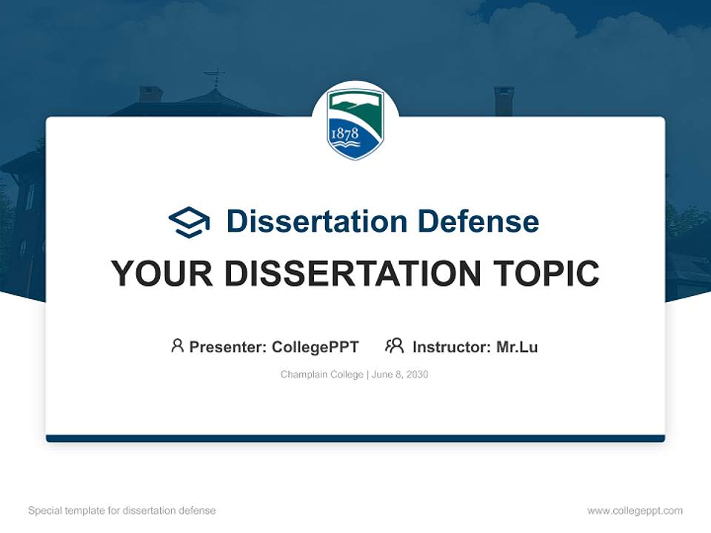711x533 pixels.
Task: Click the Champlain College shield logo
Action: pyautogui.click(x=355, y=124)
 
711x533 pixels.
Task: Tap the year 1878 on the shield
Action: pyautogui.click(x=345, y=133)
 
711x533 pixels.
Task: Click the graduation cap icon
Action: pyautogui.click(x=189, y=222)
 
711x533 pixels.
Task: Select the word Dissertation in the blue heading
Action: pyautogui.click(x=317, y=221)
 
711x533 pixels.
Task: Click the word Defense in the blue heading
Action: pyautogui.click(x=478, y=221)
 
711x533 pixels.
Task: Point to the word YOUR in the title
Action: pyautogui.click(x=162, y=273)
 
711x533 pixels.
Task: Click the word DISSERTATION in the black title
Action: pyautogui.click(x=353, y=273)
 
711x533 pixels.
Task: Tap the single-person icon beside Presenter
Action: pyautogui.click(x=177, y=346)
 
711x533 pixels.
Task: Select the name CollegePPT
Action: pyautogui.click(x=316, y=347)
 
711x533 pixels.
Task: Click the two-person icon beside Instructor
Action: pyautogui.click(x=395, y=346)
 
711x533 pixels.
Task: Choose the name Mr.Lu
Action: pyautogui.click(x=517, y=347)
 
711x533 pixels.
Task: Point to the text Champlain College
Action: pyautogui.click(x=322, y=375)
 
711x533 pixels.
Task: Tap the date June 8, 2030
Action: pyautogui.click(x=400, y=375)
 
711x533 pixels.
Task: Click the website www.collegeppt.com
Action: pyautogui.click(x=635, y=511)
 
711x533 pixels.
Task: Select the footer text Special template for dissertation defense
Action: pyautogui.click(x=122, y=511)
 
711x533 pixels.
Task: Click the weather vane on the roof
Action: pyautogui.click(x=215, y=78)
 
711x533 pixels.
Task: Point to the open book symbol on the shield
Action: pyautogui.click(x=346, y=144)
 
